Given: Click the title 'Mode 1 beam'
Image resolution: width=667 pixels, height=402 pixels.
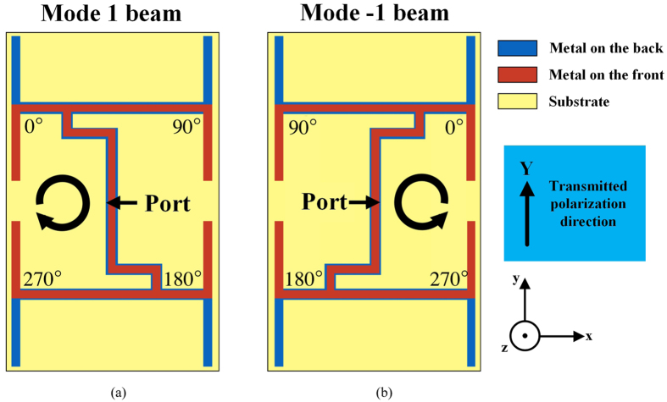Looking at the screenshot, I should point(114,14).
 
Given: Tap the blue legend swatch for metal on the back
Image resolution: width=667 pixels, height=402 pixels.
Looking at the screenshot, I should point(516,47).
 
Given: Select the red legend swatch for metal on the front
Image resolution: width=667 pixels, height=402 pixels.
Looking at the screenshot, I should point(516,74).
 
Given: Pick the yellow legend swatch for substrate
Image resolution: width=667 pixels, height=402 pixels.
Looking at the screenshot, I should point(516,102).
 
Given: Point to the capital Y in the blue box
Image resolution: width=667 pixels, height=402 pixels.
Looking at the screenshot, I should point(526,169).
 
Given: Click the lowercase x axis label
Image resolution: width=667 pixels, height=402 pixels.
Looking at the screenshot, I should point(589,336).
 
